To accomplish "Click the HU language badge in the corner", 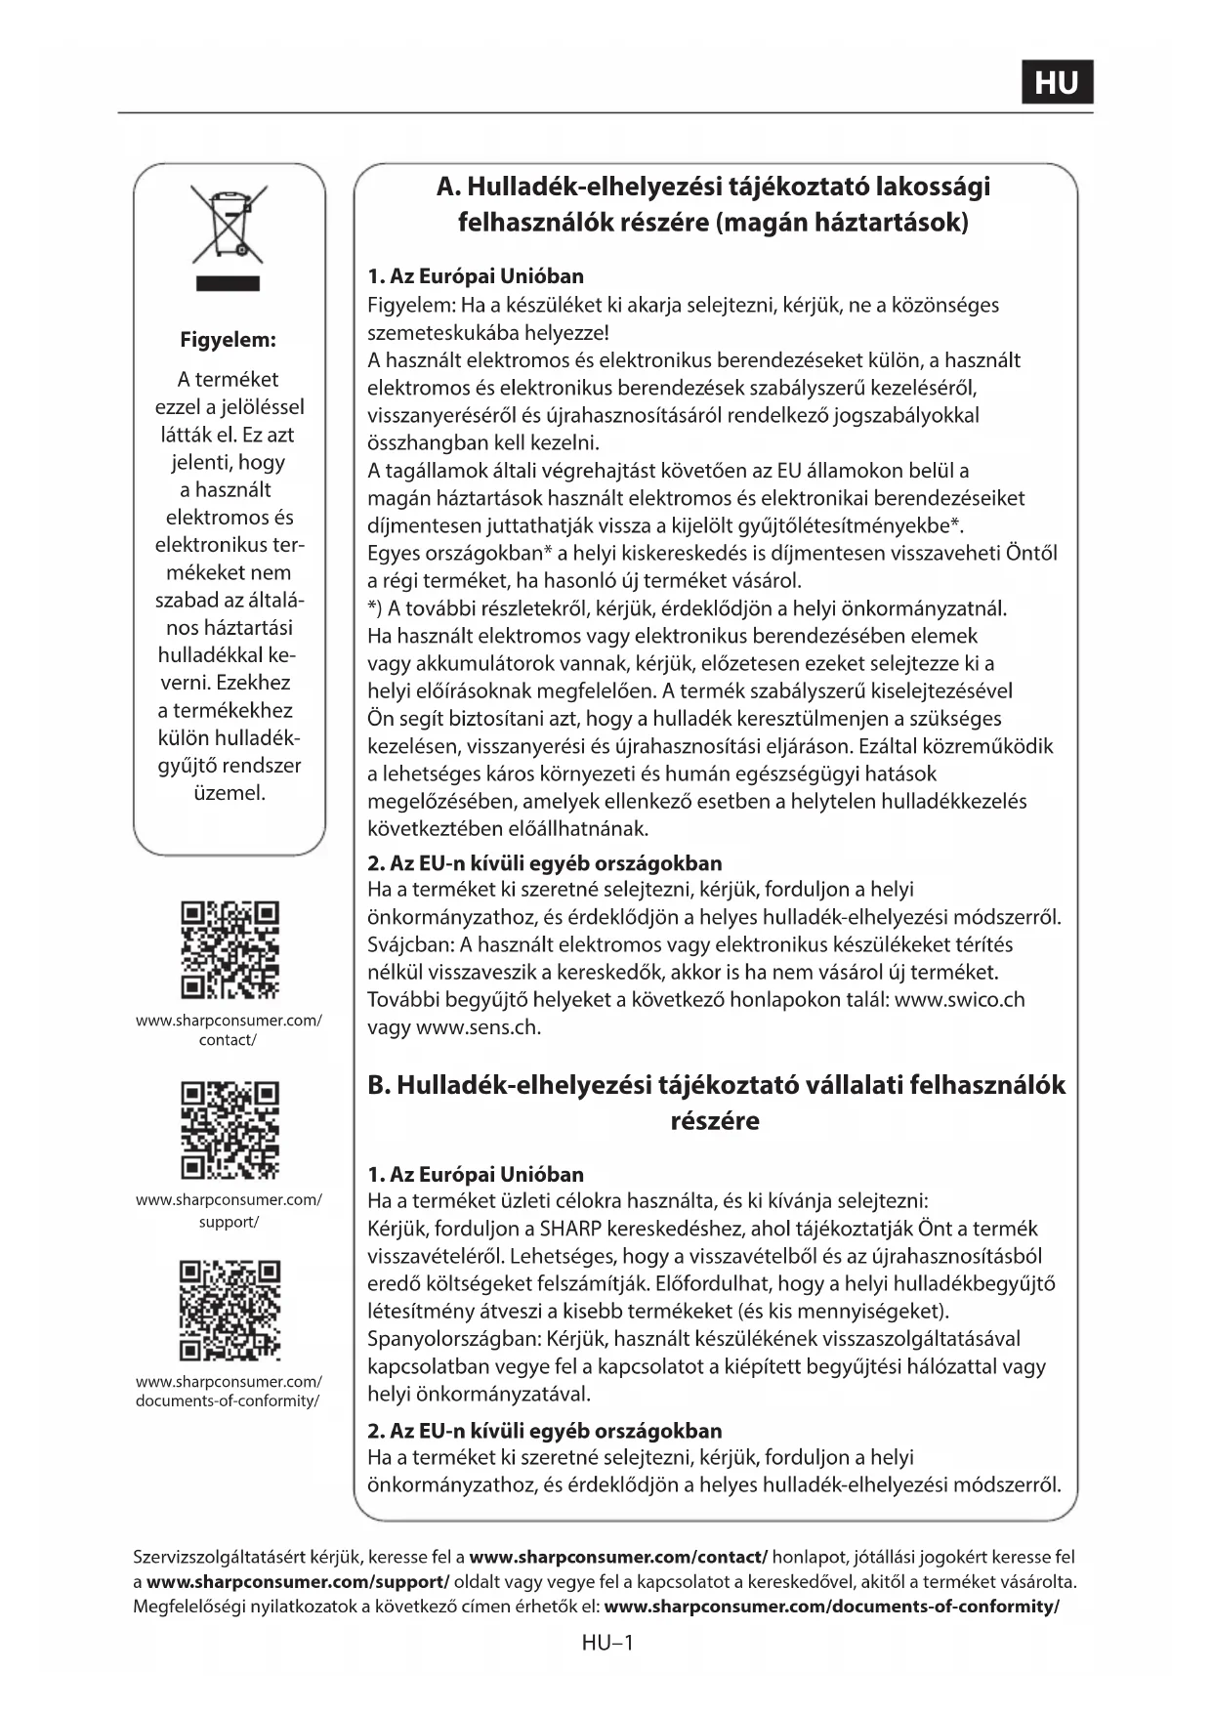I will (1057, 82).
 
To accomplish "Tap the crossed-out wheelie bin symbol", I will (230, 224).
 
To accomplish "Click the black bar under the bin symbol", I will (228, 284).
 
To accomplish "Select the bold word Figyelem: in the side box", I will (228, 340).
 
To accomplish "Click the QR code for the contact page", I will (230, 950).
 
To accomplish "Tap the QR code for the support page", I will (230, 1130).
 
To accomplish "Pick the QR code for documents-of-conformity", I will (230, 1311).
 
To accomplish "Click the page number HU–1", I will (606, 1643).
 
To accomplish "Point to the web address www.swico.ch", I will (959, 1000).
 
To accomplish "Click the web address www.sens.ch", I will (478, 1027).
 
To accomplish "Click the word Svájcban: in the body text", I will (410, 945).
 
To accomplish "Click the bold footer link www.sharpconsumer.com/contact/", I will (618, 1557).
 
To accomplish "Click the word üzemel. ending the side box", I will (230, 793).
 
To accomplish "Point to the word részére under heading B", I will (715, 1121).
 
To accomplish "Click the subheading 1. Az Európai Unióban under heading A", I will (476, 276).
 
